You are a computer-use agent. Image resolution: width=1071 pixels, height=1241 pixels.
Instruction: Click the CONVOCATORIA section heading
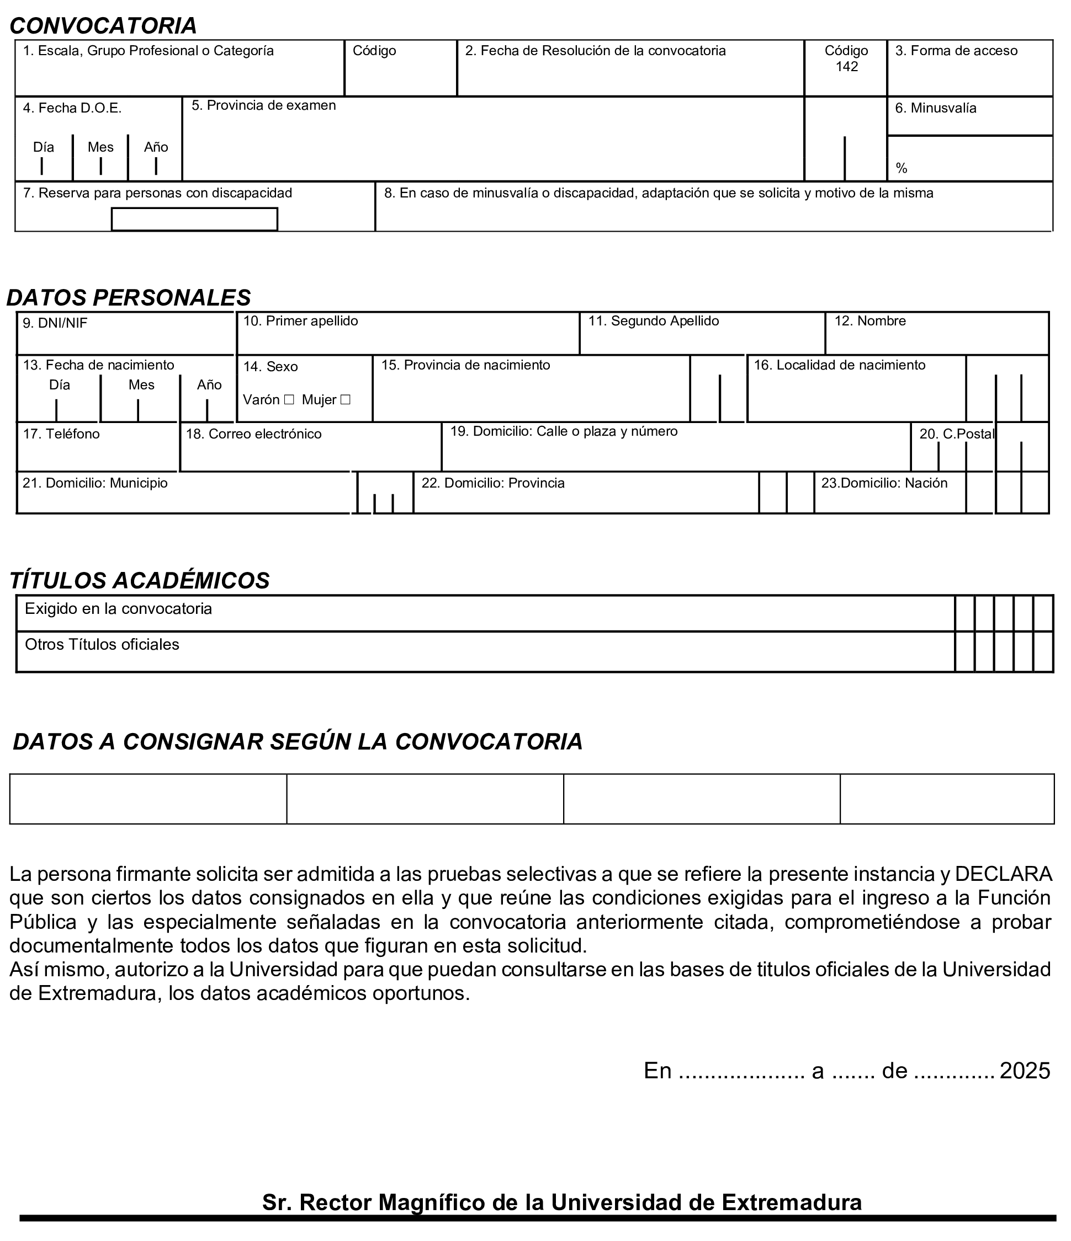point(103,26)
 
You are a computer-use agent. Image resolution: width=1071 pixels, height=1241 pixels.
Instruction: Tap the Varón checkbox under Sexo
point(289,399)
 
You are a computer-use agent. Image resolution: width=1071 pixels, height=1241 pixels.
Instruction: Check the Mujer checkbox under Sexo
point(345,399)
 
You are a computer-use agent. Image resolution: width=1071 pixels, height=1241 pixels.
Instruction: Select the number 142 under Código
point(846,67)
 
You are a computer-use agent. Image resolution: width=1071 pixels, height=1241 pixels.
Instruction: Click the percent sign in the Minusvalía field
point(902,168)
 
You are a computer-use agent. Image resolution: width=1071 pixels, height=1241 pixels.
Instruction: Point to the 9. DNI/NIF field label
point(55,323)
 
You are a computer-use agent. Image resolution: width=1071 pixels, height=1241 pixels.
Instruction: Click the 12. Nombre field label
point(869,321)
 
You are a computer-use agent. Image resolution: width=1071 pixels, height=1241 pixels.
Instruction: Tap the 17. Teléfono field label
point(61,434)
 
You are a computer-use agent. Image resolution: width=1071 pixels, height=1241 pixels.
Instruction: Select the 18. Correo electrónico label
point(253,434)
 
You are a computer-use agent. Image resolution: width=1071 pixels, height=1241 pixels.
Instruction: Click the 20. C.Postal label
point(957,434)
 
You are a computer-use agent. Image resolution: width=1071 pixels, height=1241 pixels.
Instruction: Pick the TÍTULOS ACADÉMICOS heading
point(140,580)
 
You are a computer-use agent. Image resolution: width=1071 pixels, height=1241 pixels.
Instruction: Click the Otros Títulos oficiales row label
point(102,644)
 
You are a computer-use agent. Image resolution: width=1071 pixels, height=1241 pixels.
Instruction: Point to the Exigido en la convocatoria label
point(118,609)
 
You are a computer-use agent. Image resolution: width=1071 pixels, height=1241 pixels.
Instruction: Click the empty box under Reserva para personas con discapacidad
point(194,219)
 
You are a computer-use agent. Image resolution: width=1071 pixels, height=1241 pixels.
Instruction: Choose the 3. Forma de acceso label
point(956,51)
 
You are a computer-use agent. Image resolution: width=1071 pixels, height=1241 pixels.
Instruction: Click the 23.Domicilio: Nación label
point(884,483)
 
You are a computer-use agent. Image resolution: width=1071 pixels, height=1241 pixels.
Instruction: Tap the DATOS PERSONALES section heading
point(128,298)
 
